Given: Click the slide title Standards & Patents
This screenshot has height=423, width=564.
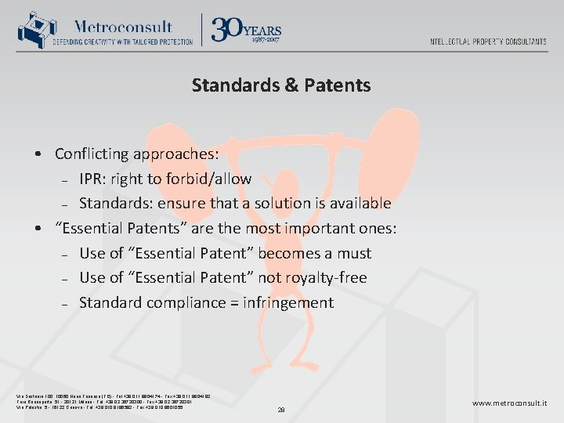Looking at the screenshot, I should pyautogui.click(x=281, y=85).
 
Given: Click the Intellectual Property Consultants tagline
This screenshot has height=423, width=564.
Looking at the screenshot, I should pyautogui.click(x=488, y=42).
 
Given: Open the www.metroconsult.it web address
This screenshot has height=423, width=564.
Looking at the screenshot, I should pyautogui.click(x=510, y=403).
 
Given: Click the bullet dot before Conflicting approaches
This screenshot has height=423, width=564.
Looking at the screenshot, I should pyautogui.click(x=38, y=154).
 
